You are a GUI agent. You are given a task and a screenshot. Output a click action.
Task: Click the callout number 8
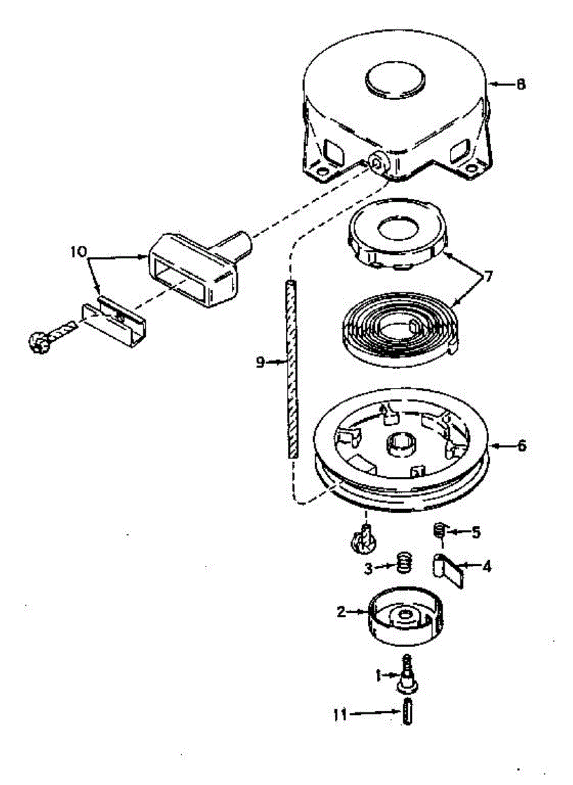pos(521,84)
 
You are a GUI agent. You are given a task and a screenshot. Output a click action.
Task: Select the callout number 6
pos(521,446)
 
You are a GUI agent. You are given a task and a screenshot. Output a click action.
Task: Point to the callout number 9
pos(260,362)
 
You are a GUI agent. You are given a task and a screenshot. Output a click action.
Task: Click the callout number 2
pos(341,612)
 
